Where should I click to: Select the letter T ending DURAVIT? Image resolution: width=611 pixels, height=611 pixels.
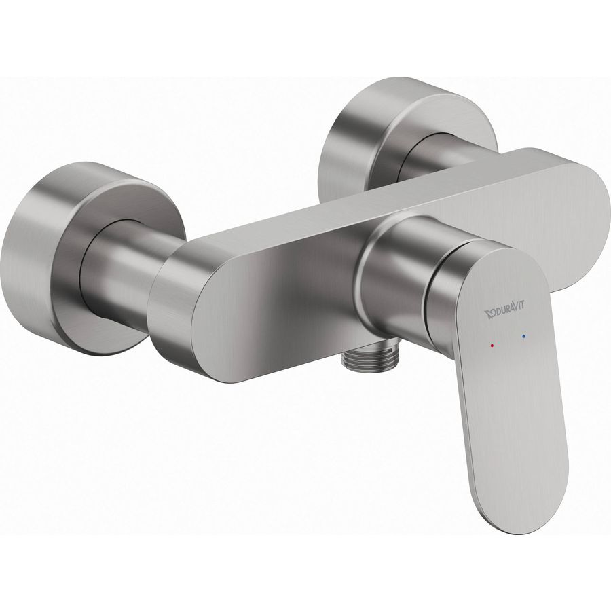tap(522, 306)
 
